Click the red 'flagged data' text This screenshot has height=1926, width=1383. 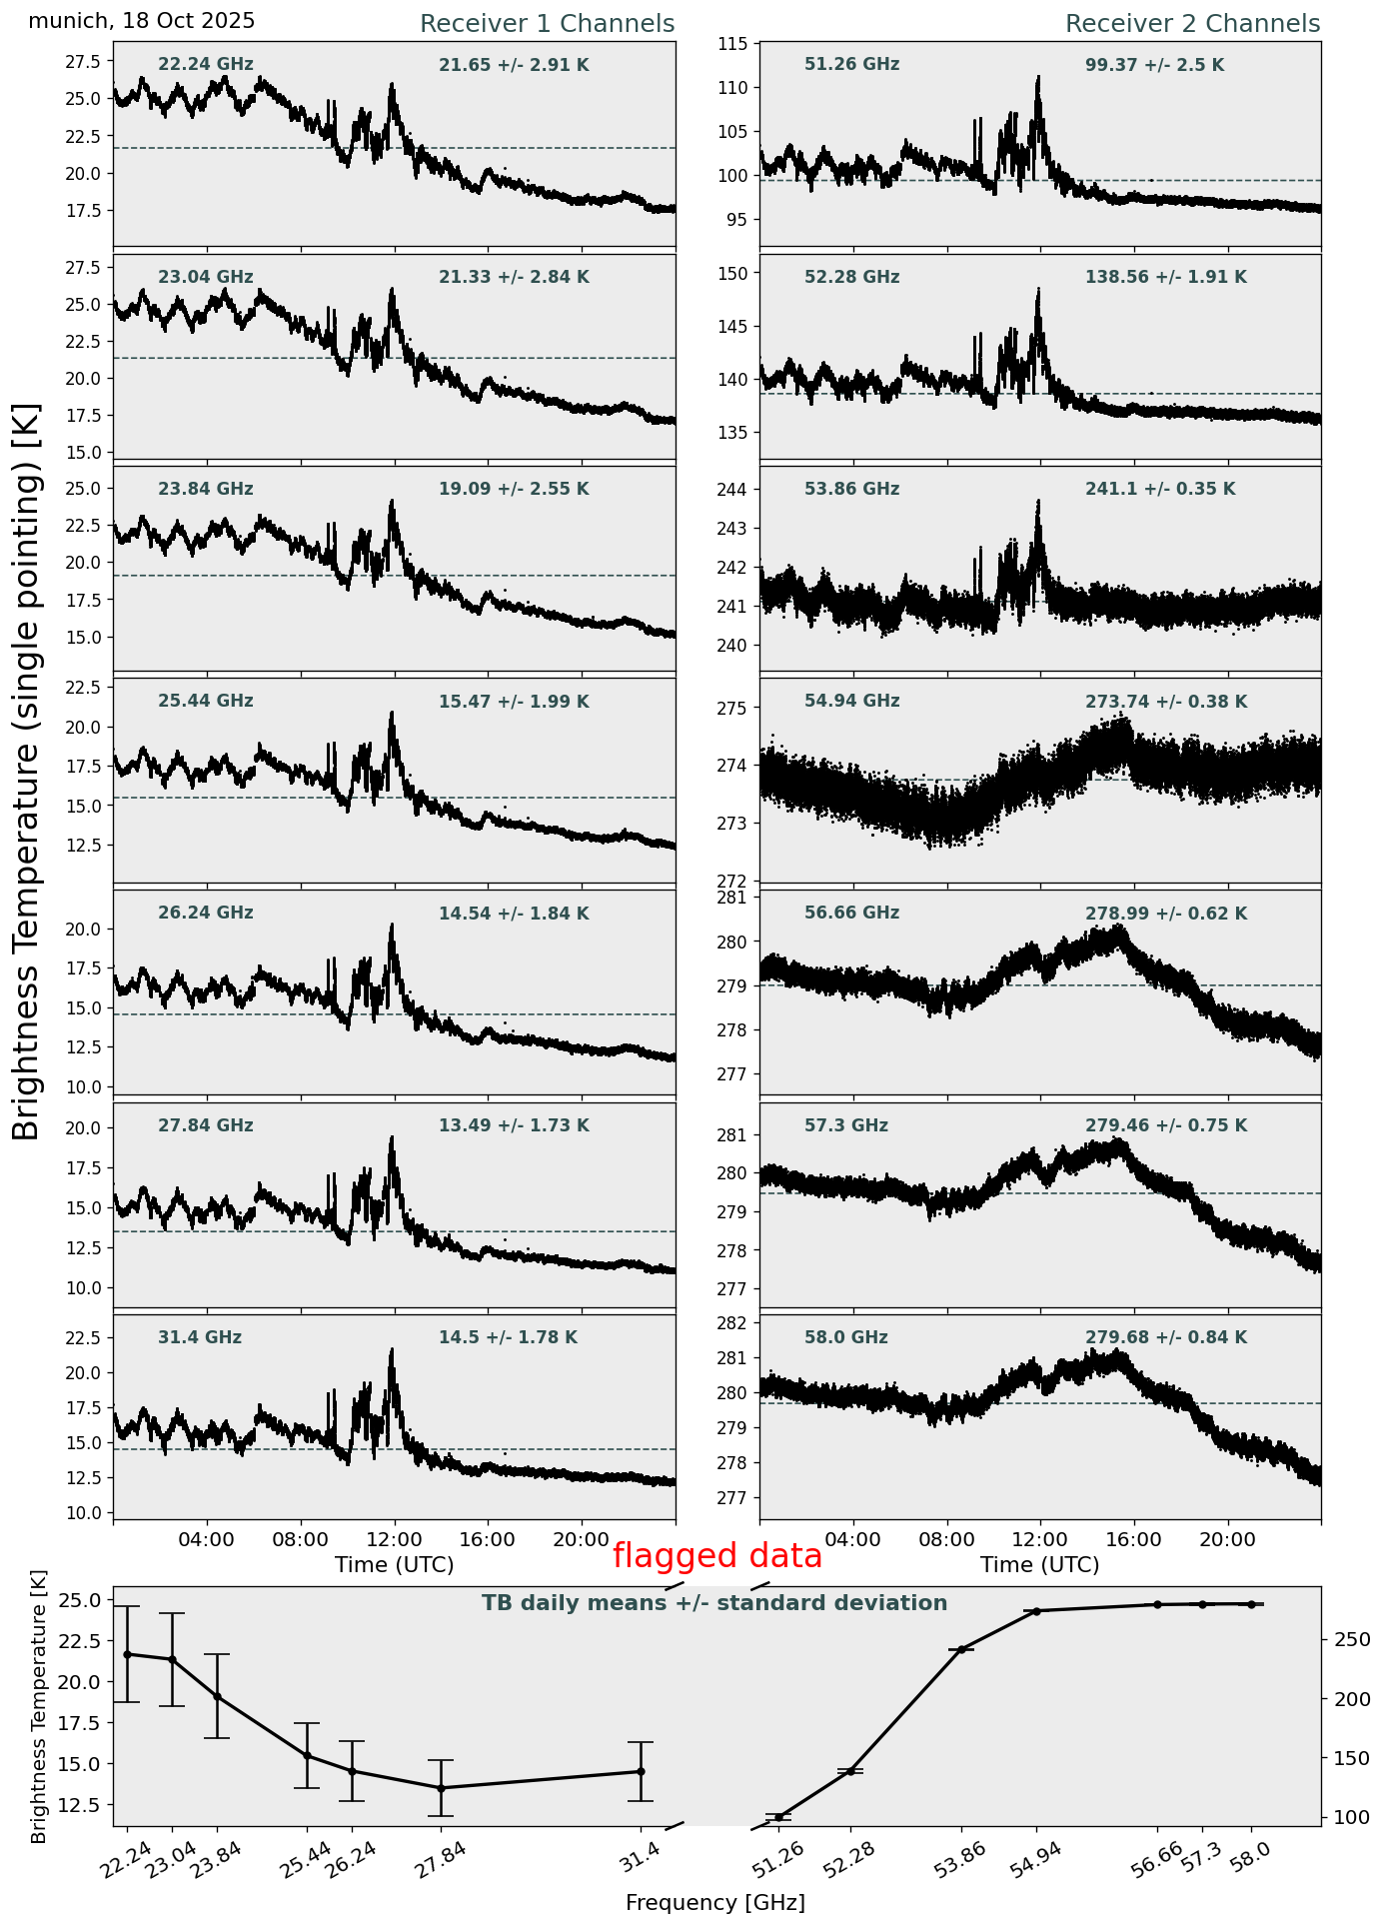(716, 1556)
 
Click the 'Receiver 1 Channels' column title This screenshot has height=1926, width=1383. (547, 24)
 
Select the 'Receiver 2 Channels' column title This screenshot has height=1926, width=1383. (1192, 24)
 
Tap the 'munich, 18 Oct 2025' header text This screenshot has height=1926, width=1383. (142, 21)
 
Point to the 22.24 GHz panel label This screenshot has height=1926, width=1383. (206, 65)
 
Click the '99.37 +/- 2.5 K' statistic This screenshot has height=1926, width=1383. (1154, 66)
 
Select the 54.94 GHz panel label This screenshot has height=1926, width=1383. (851, 702)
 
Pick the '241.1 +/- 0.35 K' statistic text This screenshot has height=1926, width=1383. (1160, 490)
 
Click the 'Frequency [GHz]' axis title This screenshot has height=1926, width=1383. (714, 1902)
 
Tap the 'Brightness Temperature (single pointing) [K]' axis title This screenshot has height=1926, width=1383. (27, 771)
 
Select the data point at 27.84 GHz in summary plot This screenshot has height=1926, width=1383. (441, 1788)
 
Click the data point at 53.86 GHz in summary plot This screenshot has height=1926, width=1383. (961, 1649)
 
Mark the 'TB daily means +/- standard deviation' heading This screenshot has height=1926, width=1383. (714, 1603)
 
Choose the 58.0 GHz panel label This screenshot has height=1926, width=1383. (845, 1337)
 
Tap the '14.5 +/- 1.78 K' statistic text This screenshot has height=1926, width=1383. (508, 1337)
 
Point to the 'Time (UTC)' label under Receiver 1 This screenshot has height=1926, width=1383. (394, 1565)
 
